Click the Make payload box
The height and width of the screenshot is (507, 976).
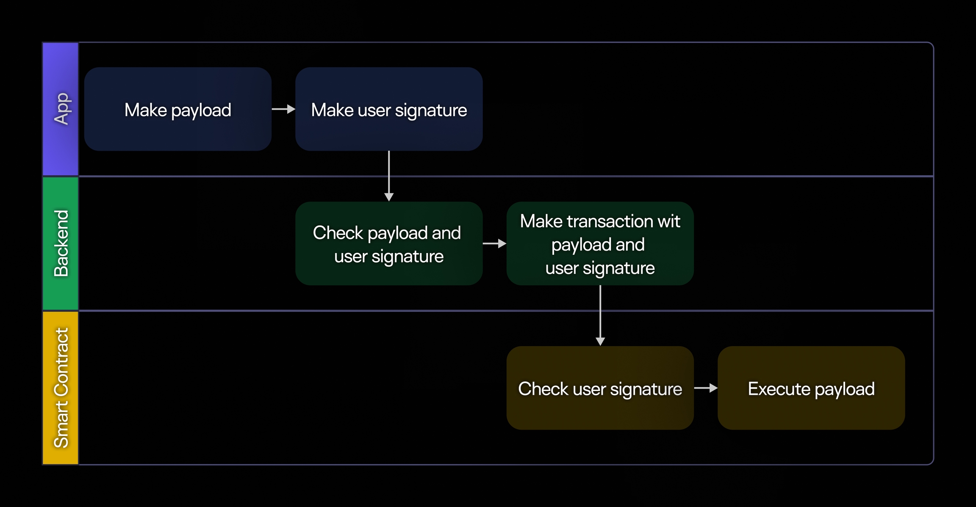177,109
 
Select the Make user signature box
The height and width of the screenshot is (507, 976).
389,109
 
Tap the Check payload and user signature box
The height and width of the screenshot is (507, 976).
389,243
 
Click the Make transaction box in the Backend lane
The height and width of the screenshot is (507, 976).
600,243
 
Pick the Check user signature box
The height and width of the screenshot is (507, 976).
600,388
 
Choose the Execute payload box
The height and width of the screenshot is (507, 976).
811,388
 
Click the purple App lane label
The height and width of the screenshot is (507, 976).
61,109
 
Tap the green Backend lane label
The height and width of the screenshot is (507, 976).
61,243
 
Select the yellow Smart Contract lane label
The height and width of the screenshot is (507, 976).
61,388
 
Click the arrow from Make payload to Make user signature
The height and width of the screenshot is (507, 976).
283,109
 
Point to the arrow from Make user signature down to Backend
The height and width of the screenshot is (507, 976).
389,176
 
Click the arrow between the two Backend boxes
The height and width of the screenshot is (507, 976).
494,243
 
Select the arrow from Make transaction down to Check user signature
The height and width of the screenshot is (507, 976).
600,315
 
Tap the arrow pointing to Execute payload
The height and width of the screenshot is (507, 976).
705,388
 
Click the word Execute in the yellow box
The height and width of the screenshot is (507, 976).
779,389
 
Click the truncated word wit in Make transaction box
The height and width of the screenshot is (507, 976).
668,221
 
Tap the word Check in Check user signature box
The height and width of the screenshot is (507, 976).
543,389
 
